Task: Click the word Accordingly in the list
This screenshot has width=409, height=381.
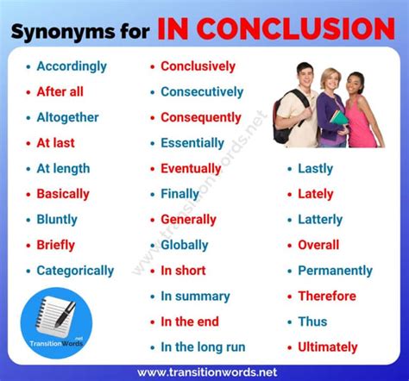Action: (72, 67)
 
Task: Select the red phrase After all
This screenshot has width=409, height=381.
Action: (60, 91)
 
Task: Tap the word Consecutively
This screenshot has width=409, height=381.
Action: (202, 92)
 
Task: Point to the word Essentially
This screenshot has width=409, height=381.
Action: (192, 143)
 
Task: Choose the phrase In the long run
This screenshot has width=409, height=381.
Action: (203, 347)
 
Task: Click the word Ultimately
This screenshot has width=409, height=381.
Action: (328, 347)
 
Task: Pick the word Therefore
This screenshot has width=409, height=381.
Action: (327, 296)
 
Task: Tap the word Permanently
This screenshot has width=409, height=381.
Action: (335, 271)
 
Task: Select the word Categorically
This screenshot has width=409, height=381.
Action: (75, 271)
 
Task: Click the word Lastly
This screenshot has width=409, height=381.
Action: (316, 169)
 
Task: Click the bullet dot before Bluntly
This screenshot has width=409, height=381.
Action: (28, 220)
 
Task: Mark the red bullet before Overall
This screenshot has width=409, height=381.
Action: (290, 246)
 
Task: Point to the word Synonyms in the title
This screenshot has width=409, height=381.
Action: (63, 32)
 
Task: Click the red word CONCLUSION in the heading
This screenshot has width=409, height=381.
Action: (296, 28)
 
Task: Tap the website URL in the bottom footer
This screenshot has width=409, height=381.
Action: (207, 372)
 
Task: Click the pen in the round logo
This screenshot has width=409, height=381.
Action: (66, 314)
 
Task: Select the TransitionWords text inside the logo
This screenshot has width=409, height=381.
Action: (56, 343)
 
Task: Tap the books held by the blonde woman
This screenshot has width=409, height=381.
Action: (339, 119)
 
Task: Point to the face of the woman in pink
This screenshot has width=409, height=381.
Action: (355, 84)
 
